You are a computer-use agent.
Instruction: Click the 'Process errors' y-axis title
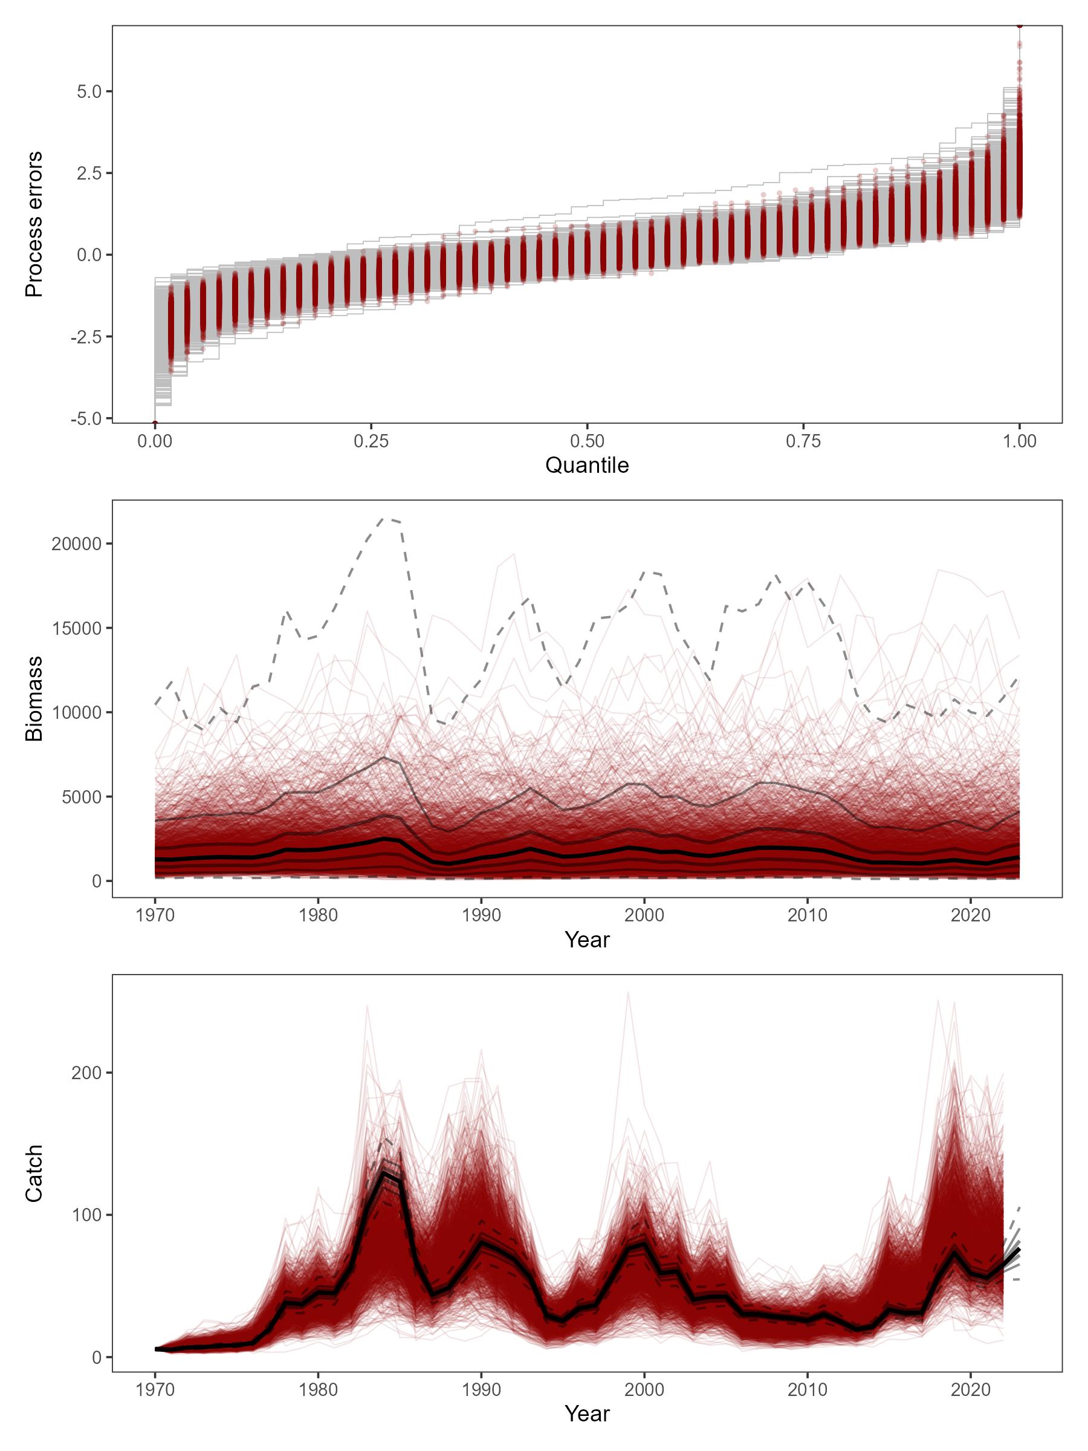[34, 224]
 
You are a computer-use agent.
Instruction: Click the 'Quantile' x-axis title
[587, 465]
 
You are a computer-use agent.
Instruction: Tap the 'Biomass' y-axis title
[34, 699]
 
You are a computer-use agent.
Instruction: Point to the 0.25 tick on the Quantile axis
[371, 441]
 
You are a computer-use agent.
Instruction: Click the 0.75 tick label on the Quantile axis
[803, 441]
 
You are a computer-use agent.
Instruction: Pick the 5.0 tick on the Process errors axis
[89, 91]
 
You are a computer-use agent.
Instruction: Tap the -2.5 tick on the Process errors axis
[86, 337]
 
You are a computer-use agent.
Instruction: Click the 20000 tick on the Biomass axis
[76, 544]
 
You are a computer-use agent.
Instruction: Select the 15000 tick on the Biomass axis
[76, 628]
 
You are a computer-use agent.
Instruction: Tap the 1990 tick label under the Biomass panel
[481, 915]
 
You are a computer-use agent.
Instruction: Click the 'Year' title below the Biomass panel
[587, 940]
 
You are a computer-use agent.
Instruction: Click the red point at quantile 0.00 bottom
[155, 423]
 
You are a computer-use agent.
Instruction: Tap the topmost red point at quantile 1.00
[1019, 25]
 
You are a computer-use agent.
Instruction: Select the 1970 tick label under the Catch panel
[155, 1391]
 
